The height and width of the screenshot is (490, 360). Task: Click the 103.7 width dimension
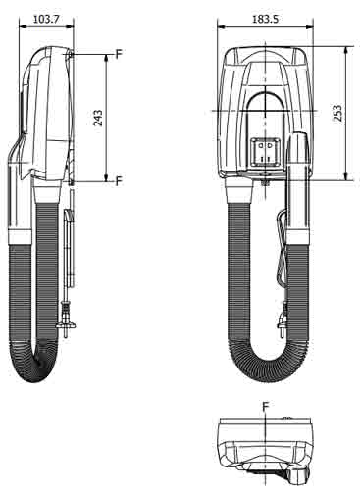coord(46,20)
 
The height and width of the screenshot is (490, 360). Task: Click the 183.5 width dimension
coord(265,19)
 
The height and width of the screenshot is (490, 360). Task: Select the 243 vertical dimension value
coord(98,118)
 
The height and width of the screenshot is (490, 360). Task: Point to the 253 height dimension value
coord(338,113)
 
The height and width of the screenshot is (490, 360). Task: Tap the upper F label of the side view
coord(119,54)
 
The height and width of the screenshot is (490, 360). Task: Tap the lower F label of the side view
coord(119,180)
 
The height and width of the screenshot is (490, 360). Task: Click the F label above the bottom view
coord(266,407)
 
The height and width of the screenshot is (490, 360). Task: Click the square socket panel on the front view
coord(265,151)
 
